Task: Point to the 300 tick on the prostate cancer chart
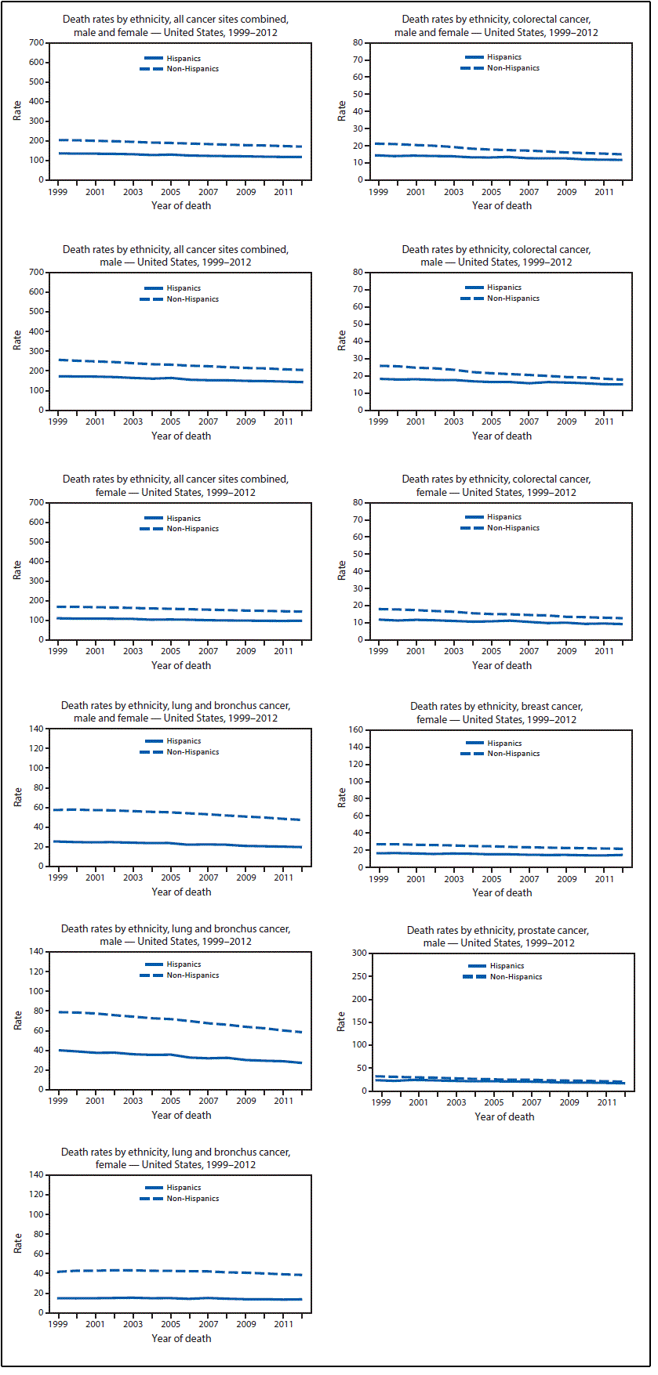coord(359,953)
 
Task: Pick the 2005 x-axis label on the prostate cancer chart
coord(494,1102)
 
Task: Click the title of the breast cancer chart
coord(496,713)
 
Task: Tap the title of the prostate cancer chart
coord(498,936)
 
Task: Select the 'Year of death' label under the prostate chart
coord(504,1116)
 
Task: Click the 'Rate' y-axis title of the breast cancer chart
coord(342,798)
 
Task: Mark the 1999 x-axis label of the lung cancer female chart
coord(57,1324)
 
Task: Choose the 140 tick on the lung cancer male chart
coord(36,951)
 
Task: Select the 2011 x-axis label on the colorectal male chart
coord(604,422)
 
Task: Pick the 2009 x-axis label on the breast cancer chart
coord(566,879)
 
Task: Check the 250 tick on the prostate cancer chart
coord(359,976)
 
